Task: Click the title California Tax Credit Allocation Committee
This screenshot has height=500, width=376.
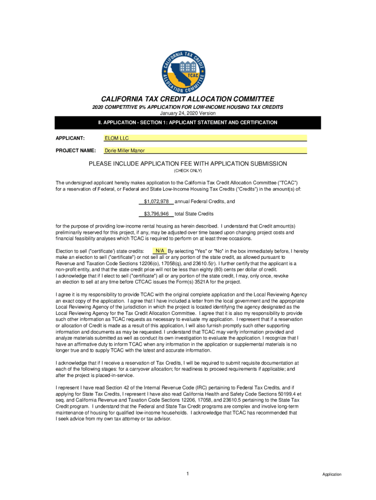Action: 188,99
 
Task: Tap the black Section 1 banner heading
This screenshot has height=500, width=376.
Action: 188,123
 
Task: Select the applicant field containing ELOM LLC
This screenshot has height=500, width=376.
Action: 205,138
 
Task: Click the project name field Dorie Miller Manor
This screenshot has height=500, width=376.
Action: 205,150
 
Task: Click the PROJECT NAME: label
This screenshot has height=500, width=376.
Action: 75,150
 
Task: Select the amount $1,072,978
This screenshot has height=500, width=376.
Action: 156,201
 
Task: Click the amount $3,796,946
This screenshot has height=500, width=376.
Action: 156,214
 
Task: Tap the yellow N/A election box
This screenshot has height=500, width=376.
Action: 159,251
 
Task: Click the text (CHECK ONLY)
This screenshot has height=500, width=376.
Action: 188,171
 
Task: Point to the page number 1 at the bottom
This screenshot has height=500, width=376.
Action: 188,474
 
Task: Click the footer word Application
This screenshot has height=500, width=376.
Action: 332,475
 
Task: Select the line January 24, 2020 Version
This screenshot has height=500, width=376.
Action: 188,113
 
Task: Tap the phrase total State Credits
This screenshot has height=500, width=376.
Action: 194,214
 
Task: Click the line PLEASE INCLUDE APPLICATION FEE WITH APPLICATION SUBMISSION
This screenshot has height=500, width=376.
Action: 188,164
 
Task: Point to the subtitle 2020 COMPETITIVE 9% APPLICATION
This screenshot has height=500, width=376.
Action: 188,107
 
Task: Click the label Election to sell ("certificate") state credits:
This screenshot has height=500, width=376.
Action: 100,251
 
